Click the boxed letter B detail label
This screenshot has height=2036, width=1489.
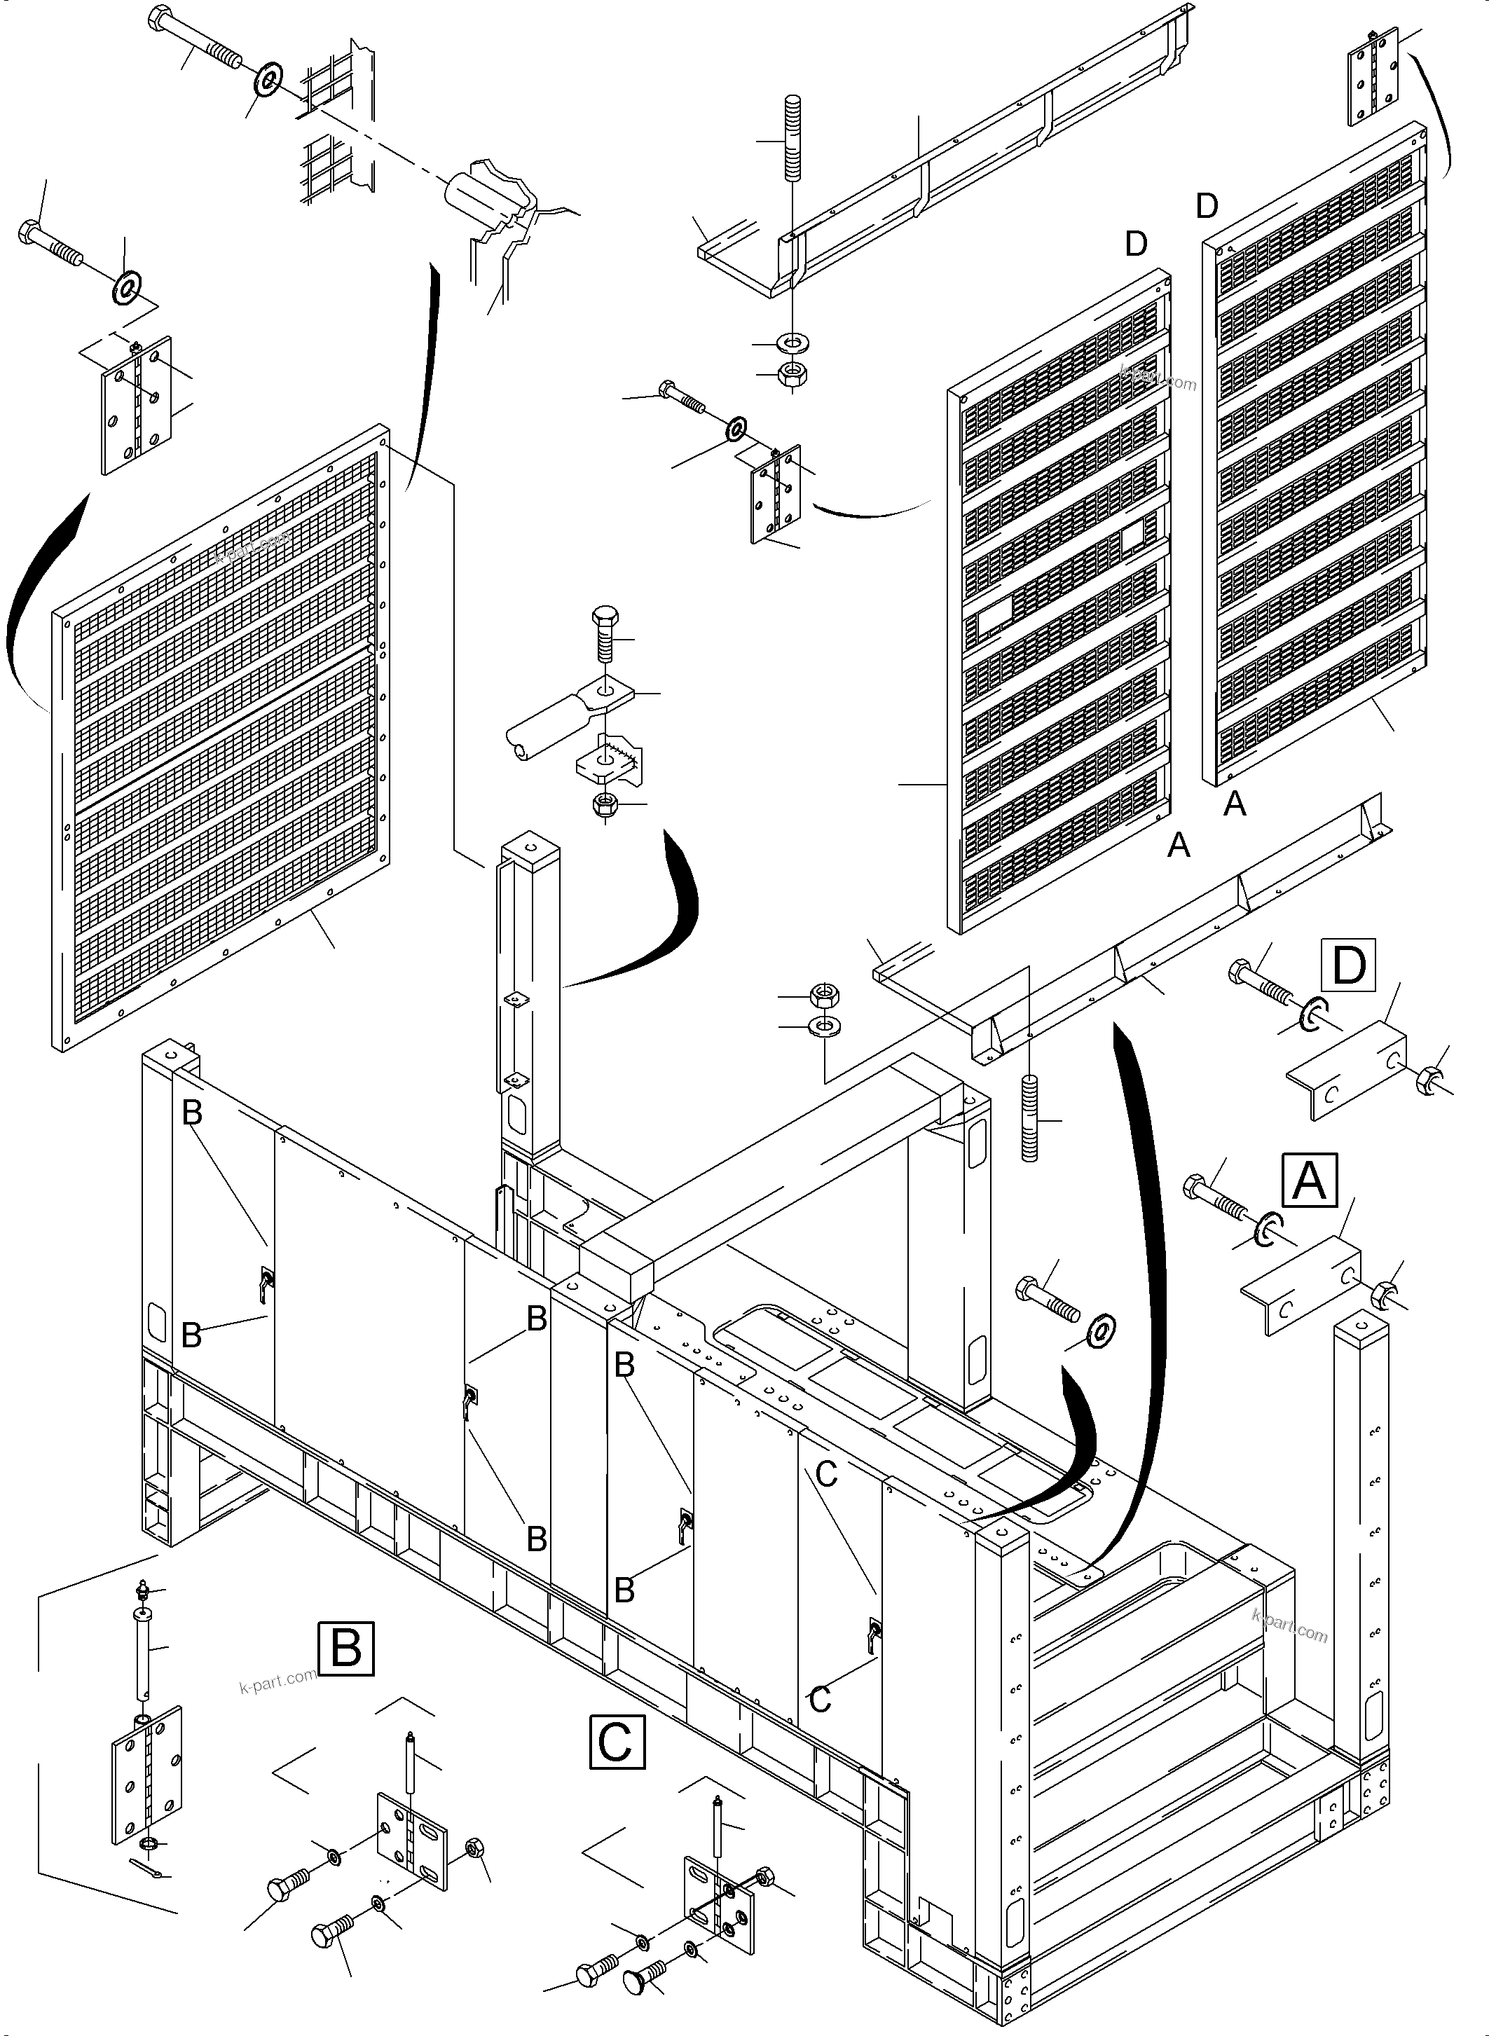[x=346, y=1649]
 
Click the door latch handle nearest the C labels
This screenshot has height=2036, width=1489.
[x=872, y=1632]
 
